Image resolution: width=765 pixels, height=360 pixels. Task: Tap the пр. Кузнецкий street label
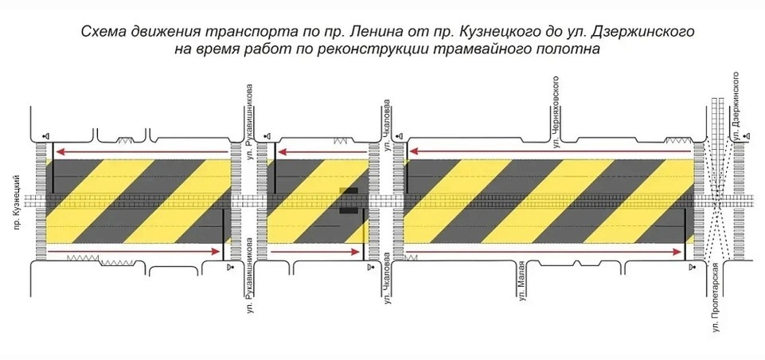(18, 202)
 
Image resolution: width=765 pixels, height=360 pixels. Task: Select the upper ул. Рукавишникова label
(249, 124)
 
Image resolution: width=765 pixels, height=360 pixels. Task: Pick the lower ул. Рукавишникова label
(249, 275)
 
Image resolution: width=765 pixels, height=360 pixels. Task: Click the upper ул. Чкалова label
(388, 126)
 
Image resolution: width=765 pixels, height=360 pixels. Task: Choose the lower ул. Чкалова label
(388, 279)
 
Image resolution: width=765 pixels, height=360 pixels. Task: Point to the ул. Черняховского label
(555, 112)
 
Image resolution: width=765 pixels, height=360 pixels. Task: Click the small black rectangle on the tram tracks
(349, 201)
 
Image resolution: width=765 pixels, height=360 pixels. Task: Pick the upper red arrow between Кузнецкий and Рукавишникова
(141, 152)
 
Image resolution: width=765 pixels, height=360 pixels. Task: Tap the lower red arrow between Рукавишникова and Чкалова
(314, 252)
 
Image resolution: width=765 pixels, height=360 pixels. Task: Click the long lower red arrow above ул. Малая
(543, 252)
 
